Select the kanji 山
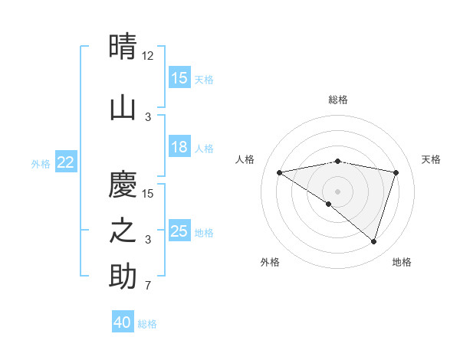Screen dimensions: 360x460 click(x=123, y=107)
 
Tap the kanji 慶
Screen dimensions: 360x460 click(x=123, y=184)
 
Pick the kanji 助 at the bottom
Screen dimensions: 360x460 click(x=123, y=277)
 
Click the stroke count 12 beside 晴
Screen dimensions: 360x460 click(x=149, y=56)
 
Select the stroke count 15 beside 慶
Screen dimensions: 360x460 click(x=148, y=194)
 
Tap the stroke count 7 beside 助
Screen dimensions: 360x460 click(x=148, y=286)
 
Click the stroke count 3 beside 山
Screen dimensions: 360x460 click(x=148, y=117)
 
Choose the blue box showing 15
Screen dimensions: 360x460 click(x=179, y=78)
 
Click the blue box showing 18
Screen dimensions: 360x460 click(x=179, y=148)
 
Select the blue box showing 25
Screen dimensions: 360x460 click(x=179, y=231)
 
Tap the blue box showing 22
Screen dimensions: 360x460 click(x=66, y=162)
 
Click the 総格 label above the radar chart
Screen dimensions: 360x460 click(x=338, y=100)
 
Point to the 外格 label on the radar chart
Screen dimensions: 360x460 click(x=270, y=262)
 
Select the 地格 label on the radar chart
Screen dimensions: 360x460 click(x=402, y=262)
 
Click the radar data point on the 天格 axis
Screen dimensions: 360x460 click(x=396, y=172)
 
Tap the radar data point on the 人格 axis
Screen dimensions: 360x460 click(x=279, y=172)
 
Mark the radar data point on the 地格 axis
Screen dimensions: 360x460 click(x=373, y=241)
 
